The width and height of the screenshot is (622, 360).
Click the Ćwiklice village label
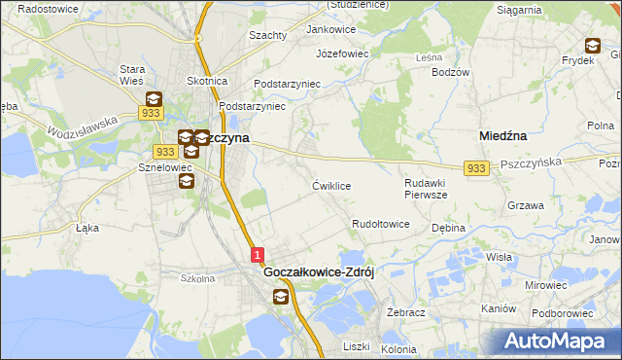[x=330, y=185]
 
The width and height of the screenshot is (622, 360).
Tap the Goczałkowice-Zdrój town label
[x=320, y=273]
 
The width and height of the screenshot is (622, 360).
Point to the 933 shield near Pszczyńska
[x=475, y=168]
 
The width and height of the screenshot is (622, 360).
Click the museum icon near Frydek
[x=592, y=45]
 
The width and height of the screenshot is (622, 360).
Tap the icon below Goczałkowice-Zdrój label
[x=281, y=296]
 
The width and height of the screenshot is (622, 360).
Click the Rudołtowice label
[x=380, y=224]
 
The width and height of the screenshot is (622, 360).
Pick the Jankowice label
[x=330, y=29]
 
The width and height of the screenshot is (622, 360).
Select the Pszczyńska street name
[x=532, y=164]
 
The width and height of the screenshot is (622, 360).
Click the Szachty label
[x=268, y=35]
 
